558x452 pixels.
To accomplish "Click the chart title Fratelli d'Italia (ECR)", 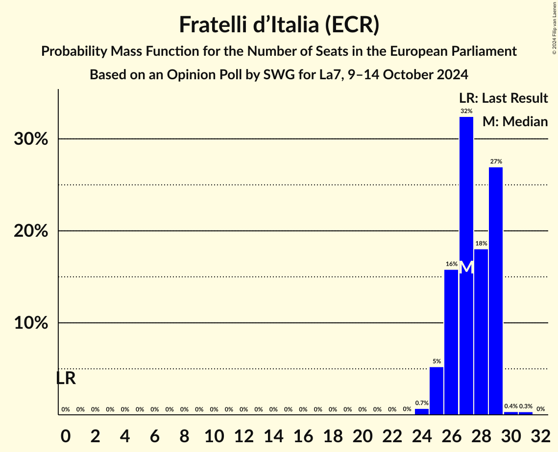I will (279, 24).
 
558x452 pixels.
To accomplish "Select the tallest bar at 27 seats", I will (466, 264).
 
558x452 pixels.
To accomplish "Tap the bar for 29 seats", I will (496, 291).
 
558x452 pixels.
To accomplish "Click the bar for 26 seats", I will (451, 342).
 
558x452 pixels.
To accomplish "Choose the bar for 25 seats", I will (437, 391).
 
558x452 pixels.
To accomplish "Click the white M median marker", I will (467, 268).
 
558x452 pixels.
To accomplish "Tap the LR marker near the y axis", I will (66, 378).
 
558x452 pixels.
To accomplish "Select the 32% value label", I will (466, 111).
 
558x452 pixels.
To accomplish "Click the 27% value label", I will (496, 161).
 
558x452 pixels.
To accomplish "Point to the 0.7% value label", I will (422, 403).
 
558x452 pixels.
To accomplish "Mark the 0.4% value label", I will (511, 407).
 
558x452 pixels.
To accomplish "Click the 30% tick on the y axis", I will (31, 139).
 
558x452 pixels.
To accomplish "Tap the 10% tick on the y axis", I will (31, 323).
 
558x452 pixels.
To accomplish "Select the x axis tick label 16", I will (303, 434).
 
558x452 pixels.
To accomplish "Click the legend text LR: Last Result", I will (503, 98).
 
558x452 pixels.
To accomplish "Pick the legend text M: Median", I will (515, 121).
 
